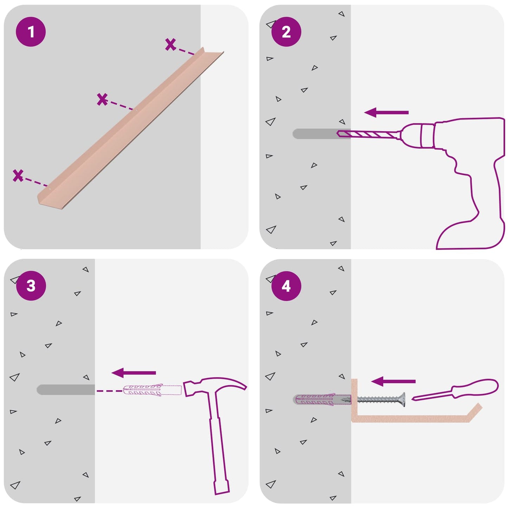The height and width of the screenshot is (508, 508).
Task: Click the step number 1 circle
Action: click(x=31, y=32)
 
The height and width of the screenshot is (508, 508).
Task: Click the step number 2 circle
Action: click(x=286, y=32)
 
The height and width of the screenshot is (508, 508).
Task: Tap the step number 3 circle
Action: click(x=31, y=286)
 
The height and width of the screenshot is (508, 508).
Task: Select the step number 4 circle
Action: click(x=286, y=286)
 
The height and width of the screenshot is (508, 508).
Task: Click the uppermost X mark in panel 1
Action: click(x=171, y=45)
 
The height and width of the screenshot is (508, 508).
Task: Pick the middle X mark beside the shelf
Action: click(x=102, y=99)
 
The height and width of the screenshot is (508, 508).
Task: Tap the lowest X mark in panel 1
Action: click(x=18, y=175)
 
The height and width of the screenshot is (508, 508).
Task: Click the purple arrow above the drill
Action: click(x=386, y=112)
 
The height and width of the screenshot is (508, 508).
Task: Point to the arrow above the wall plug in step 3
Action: click(x=134, y=373)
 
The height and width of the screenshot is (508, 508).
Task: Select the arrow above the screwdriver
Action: click(x=393, y=381)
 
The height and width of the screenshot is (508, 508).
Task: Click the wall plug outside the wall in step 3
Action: click(x=152, y=391)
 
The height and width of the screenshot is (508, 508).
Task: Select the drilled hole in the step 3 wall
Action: click(x=66, y=390)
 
